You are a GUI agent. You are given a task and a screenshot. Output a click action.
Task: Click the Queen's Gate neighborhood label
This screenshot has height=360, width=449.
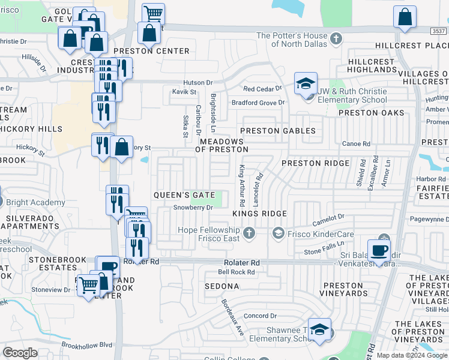click(x=184, y=195)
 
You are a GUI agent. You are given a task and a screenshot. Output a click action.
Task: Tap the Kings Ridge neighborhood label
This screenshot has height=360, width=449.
click(x=259, y=214)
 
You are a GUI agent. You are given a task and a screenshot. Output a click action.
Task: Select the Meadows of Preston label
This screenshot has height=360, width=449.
click(x=224, y=145)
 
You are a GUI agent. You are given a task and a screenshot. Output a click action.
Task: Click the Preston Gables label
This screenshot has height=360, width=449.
click(x=278, y=131)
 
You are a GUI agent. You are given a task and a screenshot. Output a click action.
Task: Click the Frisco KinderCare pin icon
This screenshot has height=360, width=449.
click(x=278, y=232)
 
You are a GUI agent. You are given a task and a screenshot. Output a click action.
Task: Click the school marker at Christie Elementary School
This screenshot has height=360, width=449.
click(x=306, y=83)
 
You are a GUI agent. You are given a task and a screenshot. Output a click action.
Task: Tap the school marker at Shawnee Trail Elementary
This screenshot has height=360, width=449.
click(x=319, y=329)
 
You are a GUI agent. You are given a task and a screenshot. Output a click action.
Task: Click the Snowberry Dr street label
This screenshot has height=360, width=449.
click(x=193, y=208)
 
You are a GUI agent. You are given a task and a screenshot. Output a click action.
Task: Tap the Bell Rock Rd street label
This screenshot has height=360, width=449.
click(x=236, y=272)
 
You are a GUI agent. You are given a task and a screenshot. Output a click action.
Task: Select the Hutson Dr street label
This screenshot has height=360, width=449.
click(x=198, y=82)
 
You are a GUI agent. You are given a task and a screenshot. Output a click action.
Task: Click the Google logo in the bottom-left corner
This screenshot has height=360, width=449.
click(x=20, y=353)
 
